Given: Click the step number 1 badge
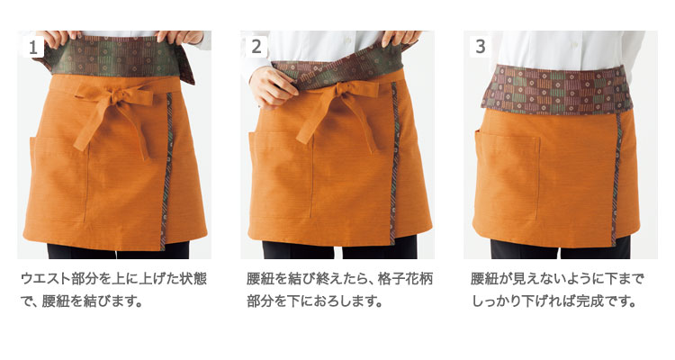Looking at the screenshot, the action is click(33, 47).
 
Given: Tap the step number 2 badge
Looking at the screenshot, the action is click(256, 47).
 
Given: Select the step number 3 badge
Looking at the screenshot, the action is click(480, 47).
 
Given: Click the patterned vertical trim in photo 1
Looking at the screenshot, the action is click(166, 171).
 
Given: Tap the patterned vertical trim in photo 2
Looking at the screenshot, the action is click(394, 164).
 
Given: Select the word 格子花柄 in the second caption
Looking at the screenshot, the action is click(406, 279).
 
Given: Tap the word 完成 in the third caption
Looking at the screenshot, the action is click(591, 301).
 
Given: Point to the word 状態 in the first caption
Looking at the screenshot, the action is click(193, 279).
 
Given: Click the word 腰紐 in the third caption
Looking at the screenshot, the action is click(485, 279).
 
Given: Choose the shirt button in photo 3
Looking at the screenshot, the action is click(573, 45).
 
